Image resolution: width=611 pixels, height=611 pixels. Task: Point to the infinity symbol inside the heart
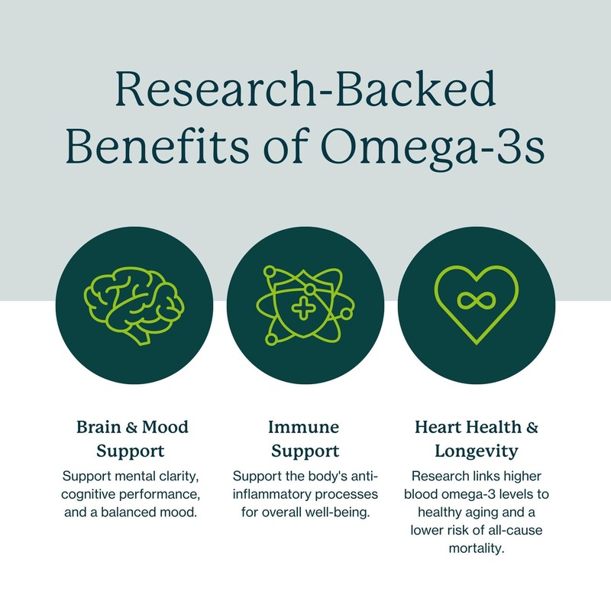[x=476, y=299]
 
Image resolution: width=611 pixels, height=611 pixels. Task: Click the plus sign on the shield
[x=305, y=310]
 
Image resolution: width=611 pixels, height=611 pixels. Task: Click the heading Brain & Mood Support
[x=131, y=437]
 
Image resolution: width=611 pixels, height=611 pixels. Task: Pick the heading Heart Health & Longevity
[x=477, y=437]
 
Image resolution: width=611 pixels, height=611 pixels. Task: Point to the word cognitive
[x=99, y=493]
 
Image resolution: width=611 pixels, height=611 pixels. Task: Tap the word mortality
[x=477, y=547]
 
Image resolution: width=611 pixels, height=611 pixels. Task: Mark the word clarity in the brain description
[x=177, y=476]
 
